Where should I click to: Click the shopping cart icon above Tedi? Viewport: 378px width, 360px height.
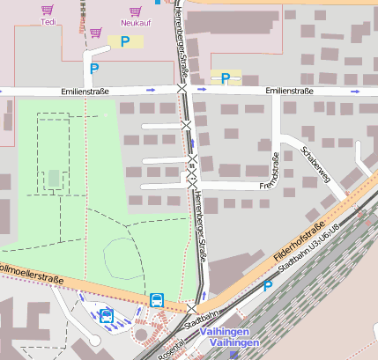pos(48,11)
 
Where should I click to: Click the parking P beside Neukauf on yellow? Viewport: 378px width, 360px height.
pos(125,40)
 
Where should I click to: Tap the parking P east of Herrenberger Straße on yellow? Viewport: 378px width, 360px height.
pos(226,78)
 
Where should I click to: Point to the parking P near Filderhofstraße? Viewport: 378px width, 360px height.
pos(268,286)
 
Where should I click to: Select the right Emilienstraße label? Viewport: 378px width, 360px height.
pos(289,91)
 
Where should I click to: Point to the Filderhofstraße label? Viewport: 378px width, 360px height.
pos(300,232)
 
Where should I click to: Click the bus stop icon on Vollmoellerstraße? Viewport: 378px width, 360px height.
pos(157,299)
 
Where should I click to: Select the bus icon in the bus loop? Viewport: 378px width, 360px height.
pos(107,315)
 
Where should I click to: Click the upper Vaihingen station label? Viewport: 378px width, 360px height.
pos(224,331)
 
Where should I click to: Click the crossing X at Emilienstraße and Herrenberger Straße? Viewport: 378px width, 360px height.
pos(182,90)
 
